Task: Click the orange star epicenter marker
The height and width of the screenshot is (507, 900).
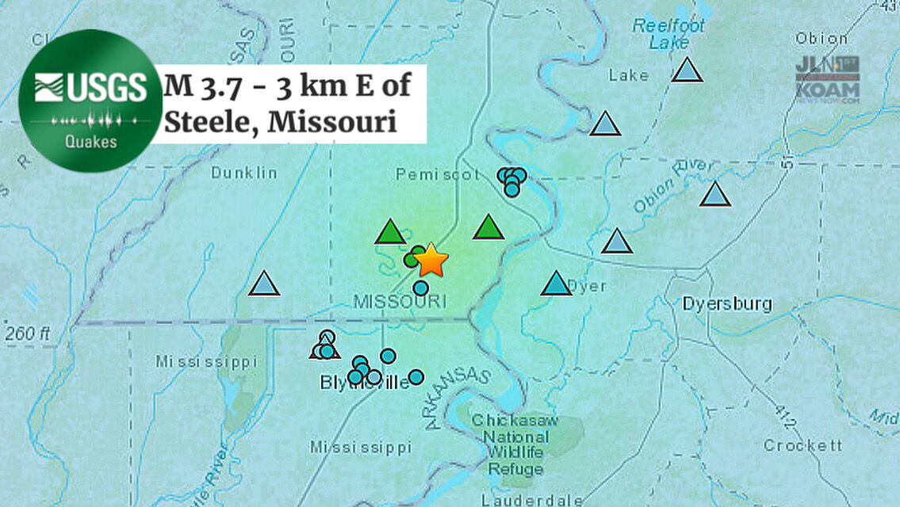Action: click(x=431, y=259)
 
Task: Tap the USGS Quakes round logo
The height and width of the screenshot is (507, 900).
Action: click(x=90, y=101)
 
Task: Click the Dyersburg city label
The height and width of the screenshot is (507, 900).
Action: click(x=727, y=304)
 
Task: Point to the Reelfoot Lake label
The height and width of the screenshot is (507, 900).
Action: click(x=669, y=34)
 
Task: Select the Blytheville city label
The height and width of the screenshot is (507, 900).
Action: click(x=365, y=383)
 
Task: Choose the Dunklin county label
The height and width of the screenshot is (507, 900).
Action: click(x=244, y=172)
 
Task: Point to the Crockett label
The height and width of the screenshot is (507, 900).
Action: click(x=802, y=446)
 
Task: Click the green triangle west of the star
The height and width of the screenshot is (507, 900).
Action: click(x=390, y=233)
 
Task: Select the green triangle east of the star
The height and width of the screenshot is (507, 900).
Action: click(x=488, y=228)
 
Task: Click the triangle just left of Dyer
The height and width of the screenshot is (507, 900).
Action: click(x=556, y=284)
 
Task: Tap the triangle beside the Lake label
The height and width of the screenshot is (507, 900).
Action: click(x=687, y=71)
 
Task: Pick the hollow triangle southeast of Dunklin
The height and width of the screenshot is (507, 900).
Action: click(x=264, y=284)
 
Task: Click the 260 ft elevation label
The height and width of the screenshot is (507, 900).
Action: click(x=29, y=334)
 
